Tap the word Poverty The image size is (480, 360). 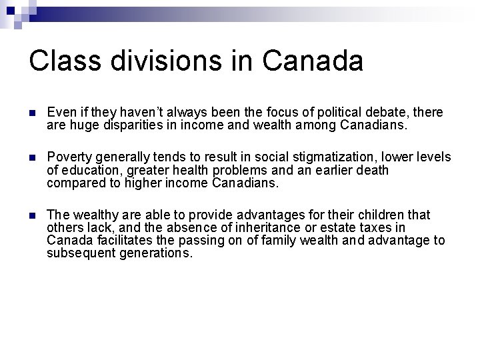69,157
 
